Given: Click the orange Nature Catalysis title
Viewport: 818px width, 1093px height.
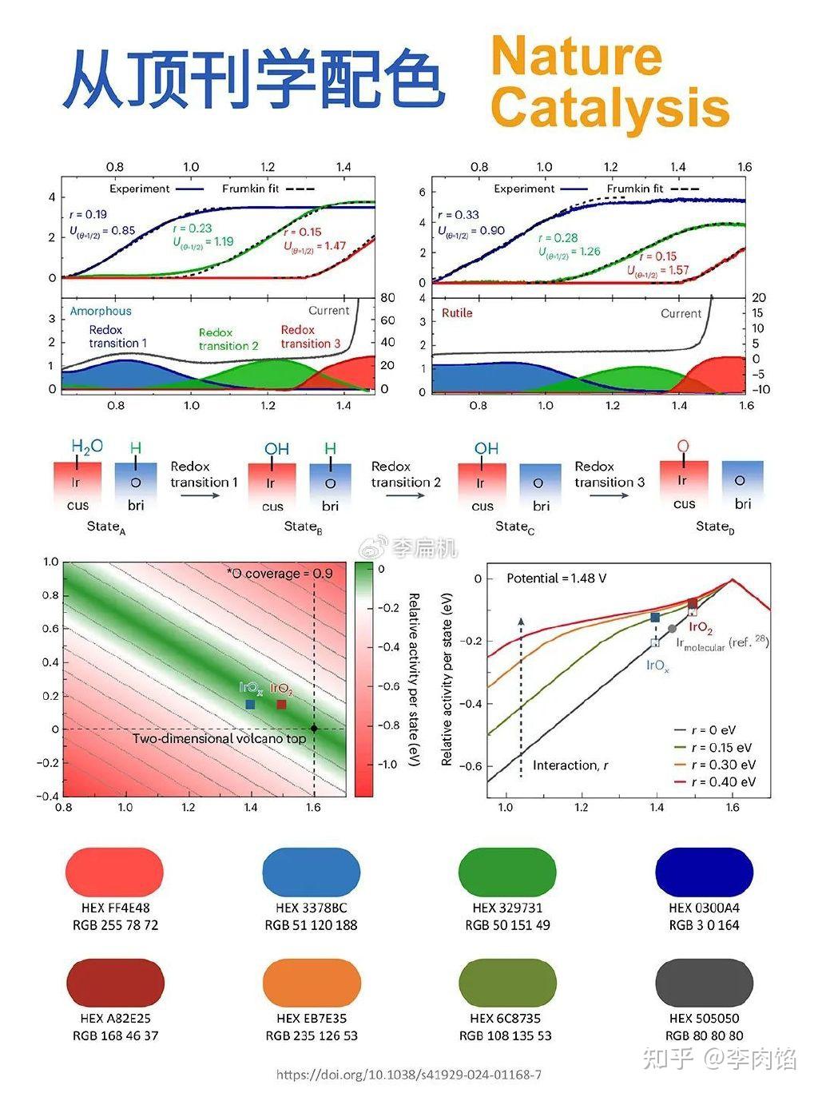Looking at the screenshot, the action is tap(610, 82).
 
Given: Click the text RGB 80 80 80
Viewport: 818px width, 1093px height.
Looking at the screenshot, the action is tap(704, 1035).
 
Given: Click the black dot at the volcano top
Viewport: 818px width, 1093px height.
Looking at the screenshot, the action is tap(314, 729).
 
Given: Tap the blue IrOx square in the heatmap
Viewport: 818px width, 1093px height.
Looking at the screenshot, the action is tap(250, 704).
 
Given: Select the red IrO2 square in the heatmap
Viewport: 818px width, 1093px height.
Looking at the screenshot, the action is tap(281, 704).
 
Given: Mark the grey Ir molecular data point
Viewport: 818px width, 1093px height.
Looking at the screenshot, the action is tap(672, 629).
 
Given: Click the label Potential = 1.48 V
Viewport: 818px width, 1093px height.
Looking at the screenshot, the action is tap(557, 578).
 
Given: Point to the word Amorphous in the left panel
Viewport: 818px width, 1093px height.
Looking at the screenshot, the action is tap(101, 312).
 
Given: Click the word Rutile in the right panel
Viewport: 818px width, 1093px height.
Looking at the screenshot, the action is tap(457, 312).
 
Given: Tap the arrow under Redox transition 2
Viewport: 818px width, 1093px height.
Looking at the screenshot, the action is tap(406, 495).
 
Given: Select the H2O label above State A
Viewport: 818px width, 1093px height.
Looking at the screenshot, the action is tap(87, 447).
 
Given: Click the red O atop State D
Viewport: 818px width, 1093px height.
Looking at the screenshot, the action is tap(683, 446).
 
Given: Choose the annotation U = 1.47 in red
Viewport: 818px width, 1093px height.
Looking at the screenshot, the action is tap(315, 246).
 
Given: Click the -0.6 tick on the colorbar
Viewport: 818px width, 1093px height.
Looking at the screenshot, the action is tap(388, 686).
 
